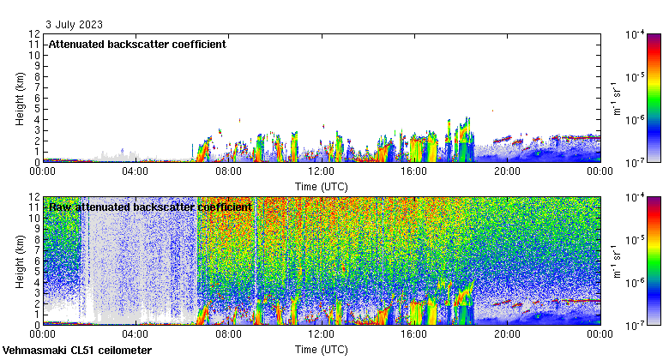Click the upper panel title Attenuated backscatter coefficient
click(137, 44)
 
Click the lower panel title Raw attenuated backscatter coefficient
click(150, 207)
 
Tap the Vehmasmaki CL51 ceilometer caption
click(77, 351)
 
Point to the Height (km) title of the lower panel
click(20, 261)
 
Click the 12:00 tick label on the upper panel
click(321, 171)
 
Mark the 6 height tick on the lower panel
click(37, 261)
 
